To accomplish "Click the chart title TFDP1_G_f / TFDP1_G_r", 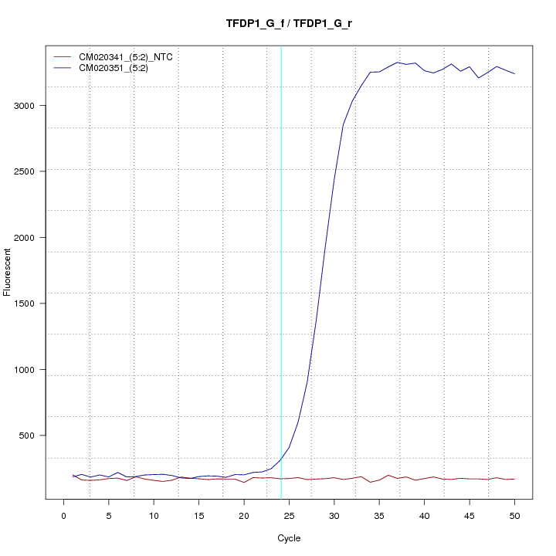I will pos(289,24).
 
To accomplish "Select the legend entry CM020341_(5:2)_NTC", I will pos(125,56).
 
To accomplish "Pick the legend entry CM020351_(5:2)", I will pos(114,68).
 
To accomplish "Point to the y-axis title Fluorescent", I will pos(8,271).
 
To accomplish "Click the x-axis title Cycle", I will pos(289,538).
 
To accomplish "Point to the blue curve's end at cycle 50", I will pos(514,73).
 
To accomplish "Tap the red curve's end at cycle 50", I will pos(514,480).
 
